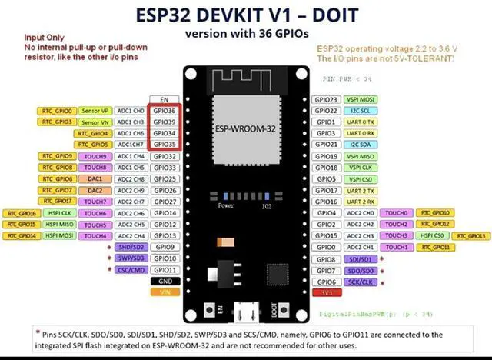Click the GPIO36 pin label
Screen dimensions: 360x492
[x=165, y=111]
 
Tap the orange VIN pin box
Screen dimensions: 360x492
[x=165, y=292]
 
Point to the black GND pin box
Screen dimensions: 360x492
[x=165, y=282]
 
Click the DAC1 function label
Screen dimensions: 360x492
[x=95, y=178]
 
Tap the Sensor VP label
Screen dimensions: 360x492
[x=95, y=111]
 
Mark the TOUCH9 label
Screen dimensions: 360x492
[x=95, y=156]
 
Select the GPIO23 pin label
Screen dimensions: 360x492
[x=327, y=100]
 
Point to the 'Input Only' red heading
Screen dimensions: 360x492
[x=44, y=37]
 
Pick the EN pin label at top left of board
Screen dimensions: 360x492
[x=165, y=100]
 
